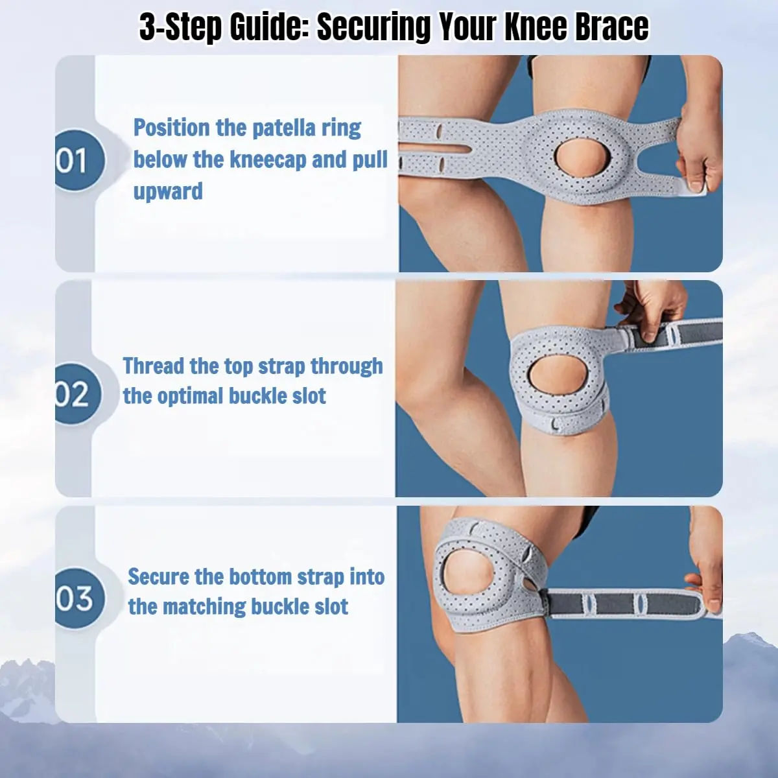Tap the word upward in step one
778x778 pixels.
click(168, 191)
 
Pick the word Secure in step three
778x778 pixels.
click(158, 576)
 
